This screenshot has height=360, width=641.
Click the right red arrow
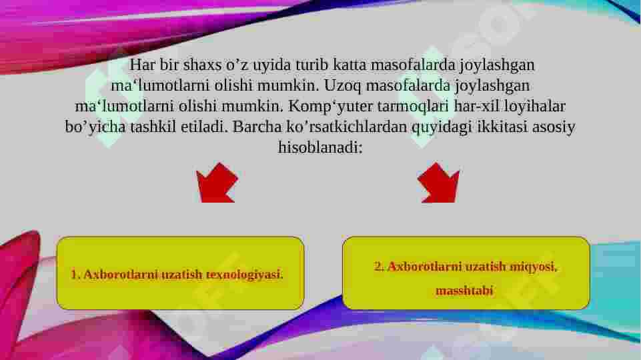(x=438, y=183)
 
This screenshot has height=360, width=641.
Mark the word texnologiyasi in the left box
(x=244, y=275)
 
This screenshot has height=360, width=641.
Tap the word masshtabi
(x=465, y=291)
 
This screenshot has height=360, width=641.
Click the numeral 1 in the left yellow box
(x=73, y=275)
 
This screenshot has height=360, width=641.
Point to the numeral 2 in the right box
(x=378, y=267)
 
